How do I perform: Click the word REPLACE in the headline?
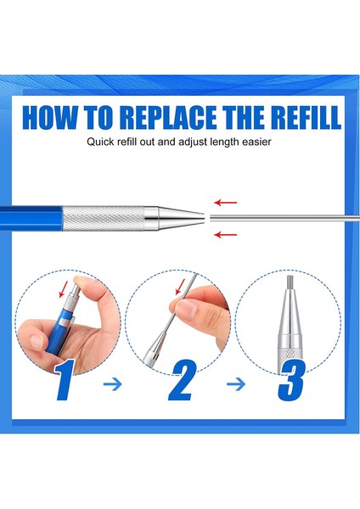(169, 117)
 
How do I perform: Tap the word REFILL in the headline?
(306, 117)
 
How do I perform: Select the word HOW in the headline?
(50, 117)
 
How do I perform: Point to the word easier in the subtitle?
(256, 142)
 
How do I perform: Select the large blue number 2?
(182, 380)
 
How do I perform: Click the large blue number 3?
(291, 380)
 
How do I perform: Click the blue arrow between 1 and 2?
(112, 384)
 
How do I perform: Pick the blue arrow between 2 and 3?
(236, 384)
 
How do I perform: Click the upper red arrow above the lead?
(226, 203)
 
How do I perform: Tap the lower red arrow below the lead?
(226, 234)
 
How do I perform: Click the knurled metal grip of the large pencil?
(104, 218)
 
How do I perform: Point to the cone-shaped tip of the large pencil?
(182, 218)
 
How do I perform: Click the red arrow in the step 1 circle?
(64, 289)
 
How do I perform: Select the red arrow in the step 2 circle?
(180, 287)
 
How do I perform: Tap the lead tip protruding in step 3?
(290, 282)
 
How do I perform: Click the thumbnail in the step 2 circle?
(185, 310)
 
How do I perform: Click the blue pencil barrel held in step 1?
(61, 332)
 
